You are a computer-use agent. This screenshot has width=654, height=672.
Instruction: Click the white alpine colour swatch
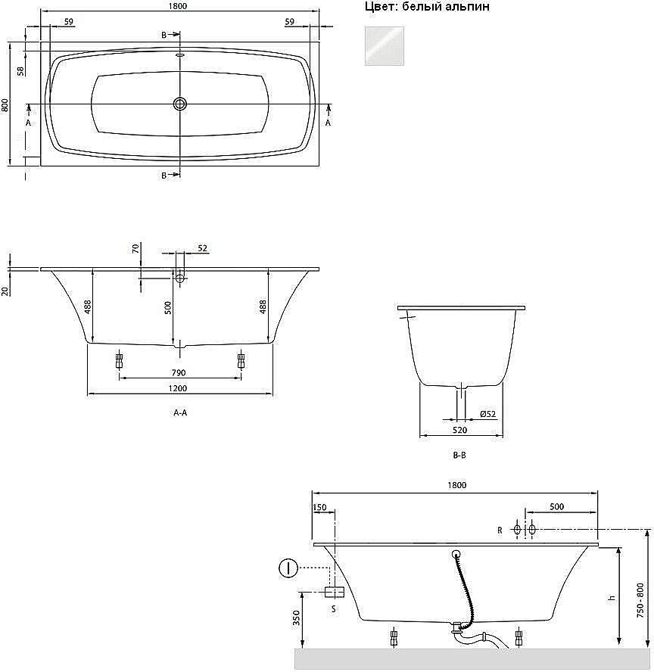pyautogui.click(x=385, y=46)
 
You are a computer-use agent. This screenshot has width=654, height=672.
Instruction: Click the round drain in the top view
pyautogui.click(x=180, y=104)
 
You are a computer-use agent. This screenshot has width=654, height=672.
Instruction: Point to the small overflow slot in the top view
pyautogui.click(x=180, y=54)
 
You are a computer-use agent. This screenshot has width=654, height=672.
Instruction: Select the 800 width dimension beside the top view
pyautogui.click(x=5, y=104)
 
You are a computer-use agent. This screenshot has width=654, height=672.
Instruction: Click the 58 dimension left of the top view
pyautogui.click(x=21, y=70)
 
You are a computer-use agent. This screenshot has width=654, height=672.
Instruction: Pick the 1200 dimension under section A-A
pyautogui.click(x=179, y=389)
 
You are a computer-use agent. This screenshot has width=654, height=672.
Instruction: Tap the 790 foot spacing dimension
pyautogui.click(x=179, y=372)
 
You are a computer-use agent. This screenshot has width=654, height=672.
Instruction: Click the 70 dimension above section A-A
pyautogui.click(x=135, y=248)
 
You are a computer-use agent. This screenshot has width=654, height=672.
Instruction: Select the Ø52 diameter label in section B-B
pyautogui.click(x=487, y=413)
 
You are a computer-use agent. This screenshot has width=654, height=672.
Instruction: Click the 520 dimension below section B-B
pyautogui.click(x=459, y=430)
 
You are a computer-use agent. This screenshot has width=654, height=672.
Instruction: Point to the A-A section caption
pyautogui.click(x=180, y=413)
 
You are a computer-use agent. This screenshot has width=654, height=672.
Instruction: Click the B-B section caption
pyautogui.click(x=459, y=456)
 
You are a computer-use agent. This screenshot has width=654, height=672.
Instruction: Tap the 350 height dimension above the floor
pyautogui.click(x=296, y=619)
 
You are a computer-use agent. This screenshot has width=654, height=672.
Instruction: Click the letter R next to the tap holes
pyautogui.click(x=500, y=530)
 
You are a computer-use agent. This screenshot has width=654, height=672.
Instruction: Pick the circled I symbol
pyautogui.click(x=288, y=568)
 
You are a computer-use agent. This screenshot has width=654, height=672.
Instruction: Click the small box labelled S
pyautogui.click(x=333, y=592)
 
